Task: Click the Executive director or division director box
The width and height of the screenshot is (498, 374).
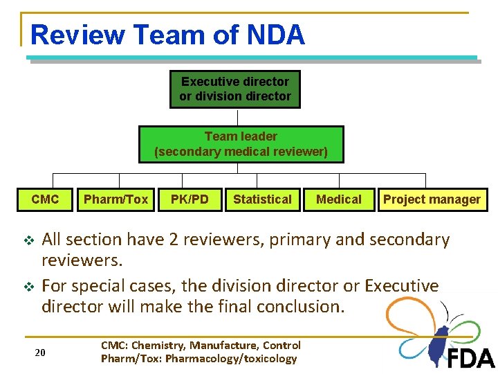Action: (x=235, y=89)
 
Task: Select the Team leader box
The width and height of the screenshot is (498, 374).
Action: (x=241, y=144)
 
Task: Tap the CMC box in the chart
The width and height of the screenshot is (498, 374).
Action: (x=45, y=199)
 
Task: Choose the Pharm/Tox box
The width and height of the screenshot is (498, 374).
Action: (x=116, y=199)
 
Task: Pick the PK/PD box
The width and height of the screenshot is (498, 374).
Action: (x=190, y=199)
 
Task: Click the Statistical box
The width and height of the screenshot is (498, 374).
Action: (x=262, y=199)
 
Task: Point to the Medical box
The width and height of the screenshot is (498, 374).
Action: (x=338, y=199)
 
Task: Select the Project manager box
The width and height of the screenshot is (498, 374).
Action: (x=432, y=199)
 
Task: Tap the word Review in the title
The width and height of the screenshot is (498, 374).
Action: (x=77, y=35)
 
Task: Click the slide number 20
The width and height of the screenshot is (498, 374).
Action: (x=40, y=353)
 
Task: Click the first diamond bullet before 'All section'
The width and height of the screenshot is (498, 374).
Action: (x=28, y=240)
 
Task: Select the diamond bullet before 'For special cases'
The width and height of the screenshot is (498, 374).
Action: (x=28, y=286)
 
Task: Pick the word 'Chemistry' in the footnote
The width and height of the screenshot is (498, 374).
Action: (x=161, y=345)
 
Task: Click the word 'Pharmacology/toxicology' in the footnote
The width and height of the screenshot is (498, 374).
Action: (x=232, y=358)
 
